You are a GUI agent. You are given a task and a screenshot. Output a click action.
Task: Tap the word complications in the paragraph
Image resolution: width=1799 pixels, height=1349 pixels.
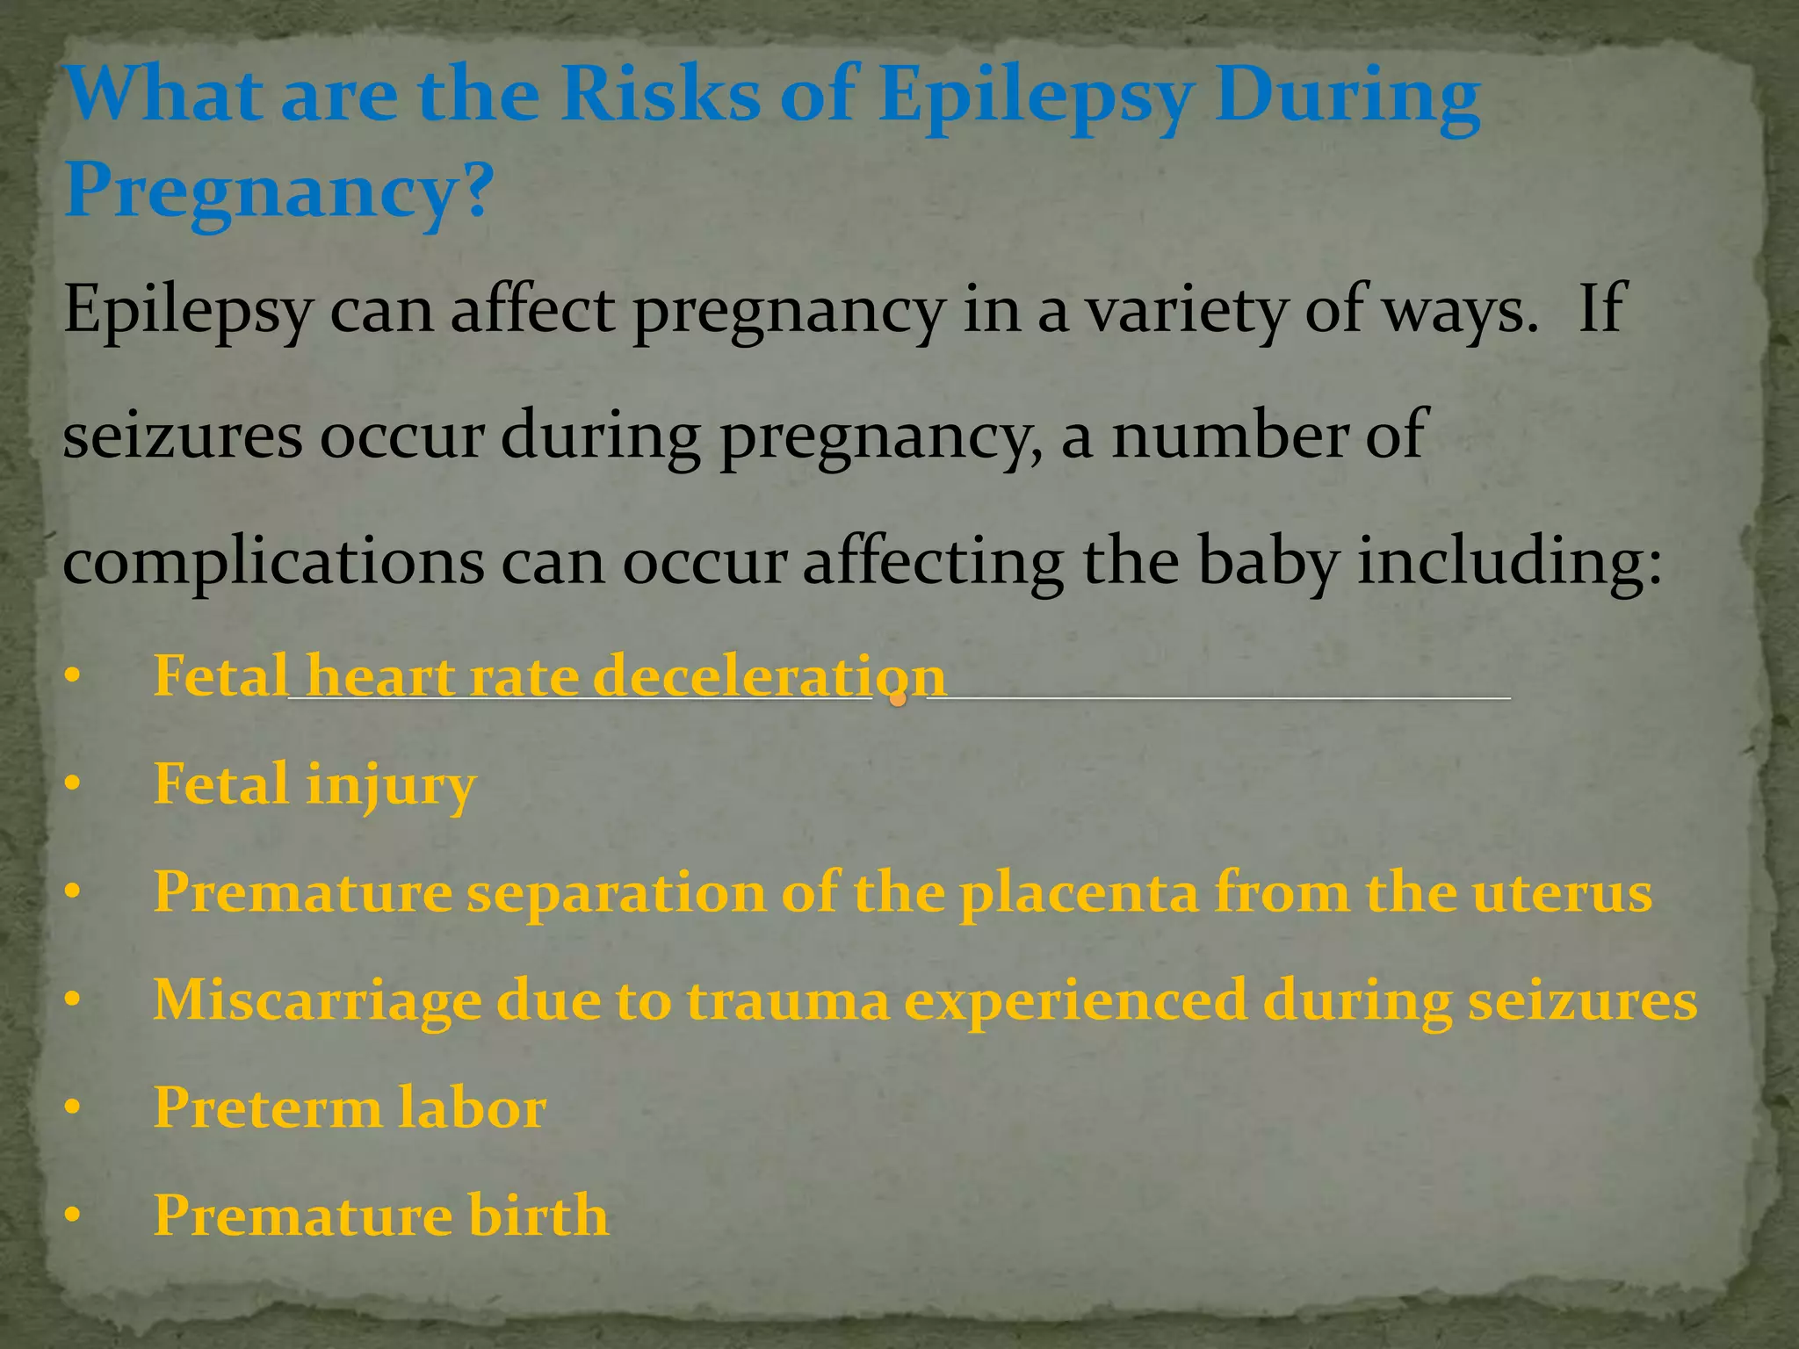pyautogui.click(x=273, y=562)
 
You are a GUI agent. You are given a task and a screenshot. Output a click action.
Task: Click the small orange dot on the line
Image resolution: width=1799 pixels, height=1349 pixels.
pyautogui.click(x=898, y=699)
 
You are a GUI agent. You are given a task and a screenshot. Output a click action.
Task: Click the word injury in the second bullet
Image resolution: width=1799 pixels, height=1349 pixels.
pyautogui.click(x=390, y=785)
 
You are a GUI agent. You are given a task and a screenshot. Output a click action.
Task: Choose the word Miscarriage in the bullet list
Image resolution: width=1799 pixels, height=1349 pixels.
pyautogui.click(x=317, y=1000)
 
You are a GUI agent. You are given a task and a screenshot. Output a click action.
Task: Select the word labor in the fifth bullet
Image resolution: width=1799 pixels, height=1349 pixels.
pyautogui.click(x=472, y=1107)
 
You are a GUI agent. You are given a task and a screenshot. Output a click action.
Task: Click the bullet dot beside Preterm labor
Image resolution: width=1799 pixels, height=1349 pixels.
pyautogui.click(x=72, y=1108)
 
